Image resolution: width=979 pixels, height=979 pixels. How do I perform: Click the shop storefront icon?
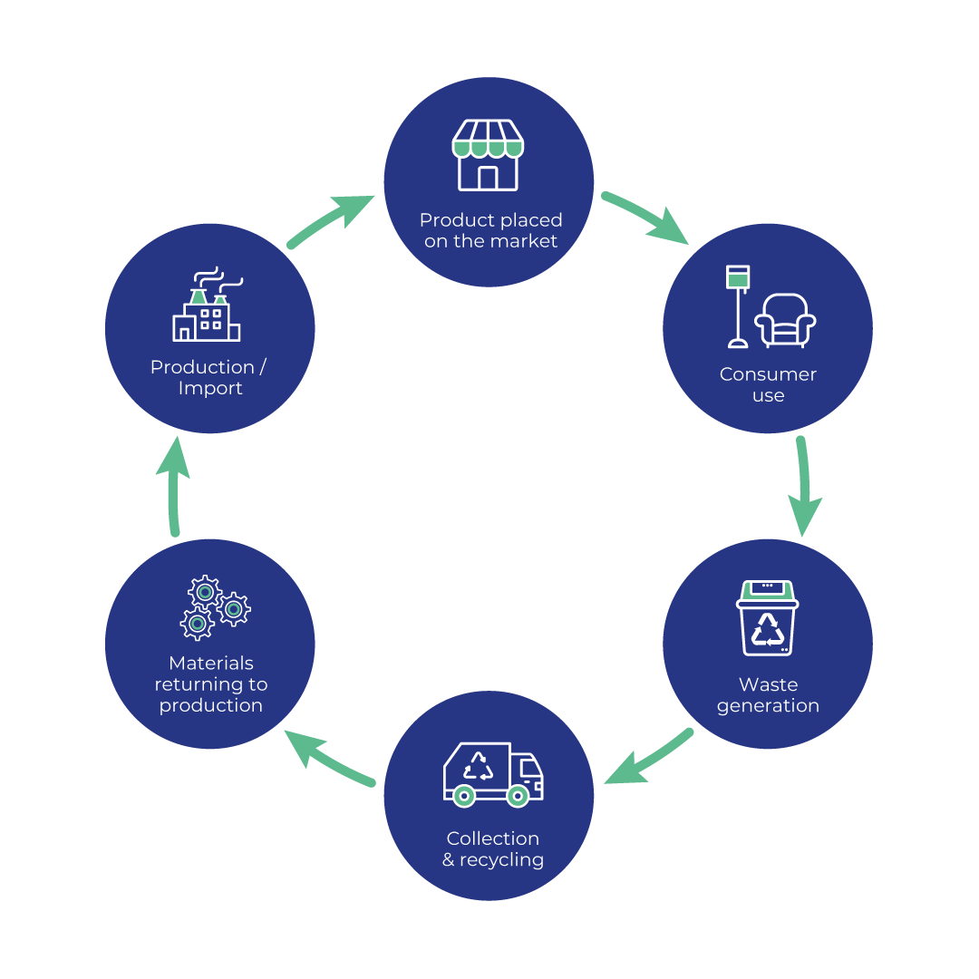tap(488, 155)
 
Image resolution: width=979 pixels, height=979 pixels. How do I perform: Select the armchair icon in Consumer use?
tap(785, 320)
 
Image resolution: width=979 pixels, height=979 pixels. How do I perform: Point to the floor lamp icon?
tap(738, 306)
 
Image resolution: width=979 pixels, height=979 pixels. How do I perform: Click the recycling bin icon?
tap(768, 618)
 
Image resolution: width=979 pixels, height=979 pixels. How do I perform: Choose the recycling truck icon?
tap(493, 775)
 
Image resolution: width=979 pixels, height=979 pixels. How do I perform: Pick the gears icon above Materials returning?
tap(216, 607)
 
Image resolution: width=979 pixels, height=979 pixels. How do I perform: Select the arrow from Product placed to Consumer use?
tap(647, 218)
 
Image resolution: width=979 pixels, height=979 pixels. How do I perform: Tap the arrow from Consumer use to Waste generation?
tap(803, 486)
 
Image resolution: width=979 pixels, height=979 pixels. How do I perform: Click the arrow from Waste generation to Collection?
tap(649, 757)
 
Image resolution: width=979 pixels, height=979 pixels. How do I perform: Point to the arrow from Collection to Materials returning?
tap(328, 757)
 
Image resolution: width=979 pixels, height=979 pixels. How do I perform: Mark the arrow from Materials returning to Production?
tap(173, 486)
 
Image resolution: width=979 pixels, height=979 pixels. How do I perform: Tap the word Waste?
tap(768, 684)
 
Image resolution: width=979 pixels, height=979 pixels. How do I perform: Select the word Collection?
tap(492, 838)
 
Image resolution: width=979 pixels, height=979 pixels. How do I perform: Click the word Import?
tap(210, 388)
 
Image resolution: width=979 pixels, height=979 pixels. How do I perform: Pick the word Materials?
tap(211, 663)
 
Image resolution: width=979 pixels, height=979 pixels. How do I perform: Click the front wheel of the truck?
tap(518, 796)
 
